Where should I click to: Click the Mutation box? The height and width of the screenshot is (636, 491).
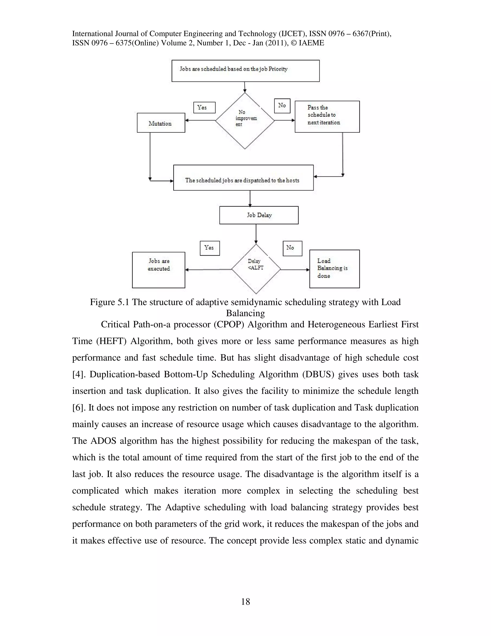[x=161, y=123]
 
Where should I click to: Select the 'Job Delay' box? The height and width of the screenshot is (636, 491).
[x=259, y=215]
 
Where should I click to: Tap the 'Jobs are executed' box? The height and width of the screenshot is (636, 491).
[x=158, y=270]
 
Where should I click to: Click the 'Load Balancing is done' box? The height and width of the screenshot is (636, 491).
[x=334, y=269]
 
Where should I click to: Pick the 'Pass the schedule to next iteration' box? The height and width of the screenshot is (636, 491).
[x=327, y=116]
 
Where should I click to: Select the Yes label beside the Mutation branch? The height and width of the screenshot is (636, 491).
[x=204, y=108]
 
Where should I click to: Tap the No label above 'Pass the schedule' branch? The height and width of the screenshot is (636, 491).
[x=282, y=106]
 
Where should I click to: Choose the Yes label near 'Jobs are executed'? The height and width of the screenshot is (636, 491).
[x=210, y=248]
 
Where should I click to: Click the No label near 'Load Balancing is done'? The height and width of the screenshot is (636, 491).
[x=292, y=248]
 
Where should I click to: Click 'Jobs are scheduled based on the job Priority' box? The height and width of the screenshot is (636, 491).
[x=245, y=71]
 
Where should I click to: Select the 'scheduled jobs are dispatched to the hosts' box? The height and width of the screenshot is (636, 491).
[x=243, y=178]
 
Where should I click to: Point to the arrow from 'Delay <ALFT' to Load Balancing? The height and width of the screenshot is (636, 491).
[x=295, y=270]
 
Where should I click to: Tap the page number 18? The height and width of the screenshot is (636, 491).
[x=245, y=602]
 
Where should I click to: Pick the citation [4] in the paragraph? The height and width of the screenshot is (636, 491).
[x=77, y=374]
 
